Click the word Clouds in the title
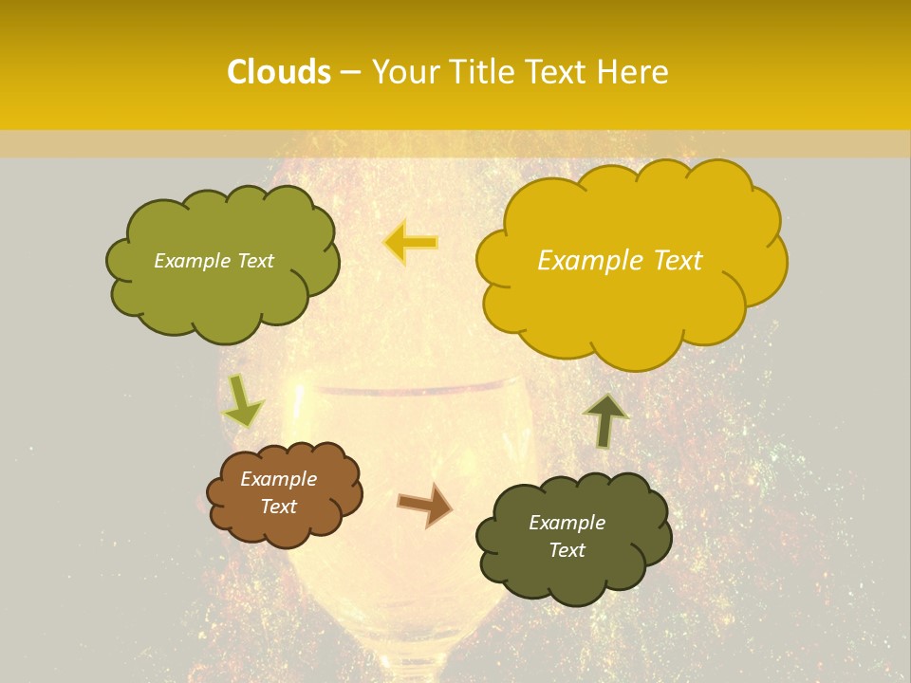tap(279, 72)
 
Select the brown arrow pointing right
tap(426, 505)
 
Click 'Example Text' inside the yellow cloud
tap(620, 261)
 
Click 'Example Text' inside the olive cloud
tap(214, 261)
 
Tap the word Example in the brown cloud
tap(278, 479)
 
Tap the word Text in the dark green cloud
tap(567, 550)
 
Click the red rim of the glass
tap(408, 389)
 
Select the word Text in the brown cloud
tap(278, 507)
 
